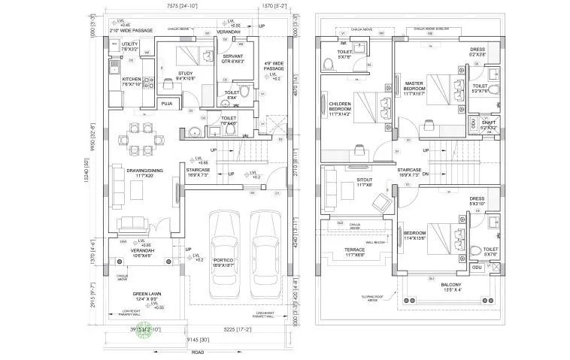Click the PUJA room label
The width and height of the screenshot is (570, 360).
click(x=167, y=103)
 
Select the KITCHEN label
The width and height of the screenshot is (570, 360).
click(x=132, y=80)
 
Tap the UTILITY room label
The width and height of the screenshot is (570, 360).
click(x=130, y=47)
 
